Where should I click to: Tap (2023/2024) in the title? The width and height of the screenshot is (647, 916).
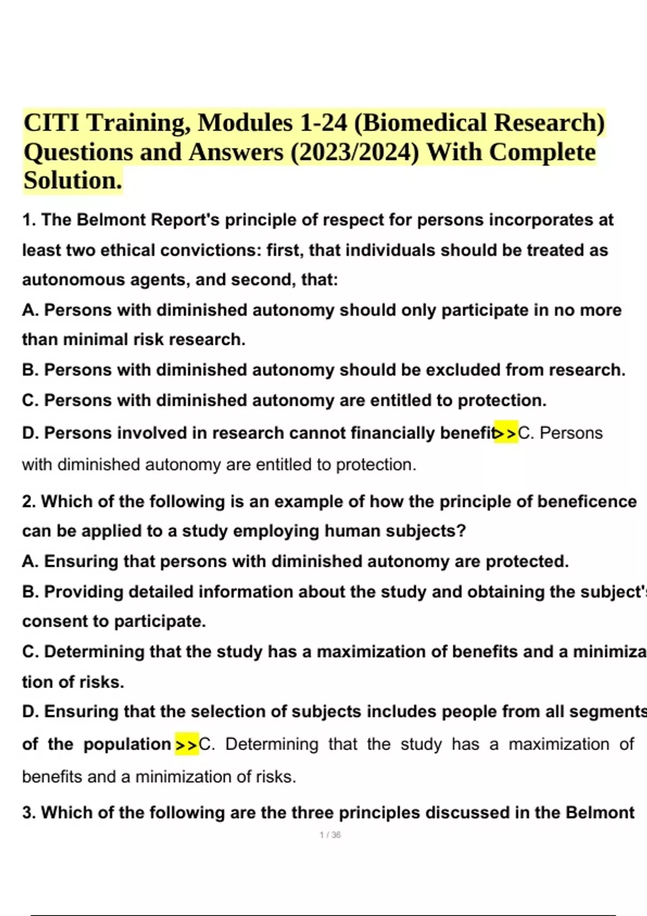point(355,152)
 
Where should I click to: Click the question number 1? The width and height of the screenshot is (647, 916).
point(29,220)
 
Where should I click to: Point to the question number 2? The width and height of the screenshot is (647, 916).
point(29,502)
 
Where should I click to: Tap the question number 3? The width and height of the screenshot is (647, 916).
point(29,813)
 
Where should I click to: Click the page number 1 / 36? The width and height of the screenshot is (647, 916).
point(330,835)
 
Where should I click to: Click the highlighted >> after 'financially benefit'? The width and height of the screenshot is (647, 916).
point(506,433)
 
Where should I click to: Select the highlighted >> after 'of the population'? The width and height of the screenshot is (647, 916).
point(187,745)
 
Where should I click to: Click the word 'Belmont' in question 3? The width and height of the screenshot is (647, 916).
point(600,813)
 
